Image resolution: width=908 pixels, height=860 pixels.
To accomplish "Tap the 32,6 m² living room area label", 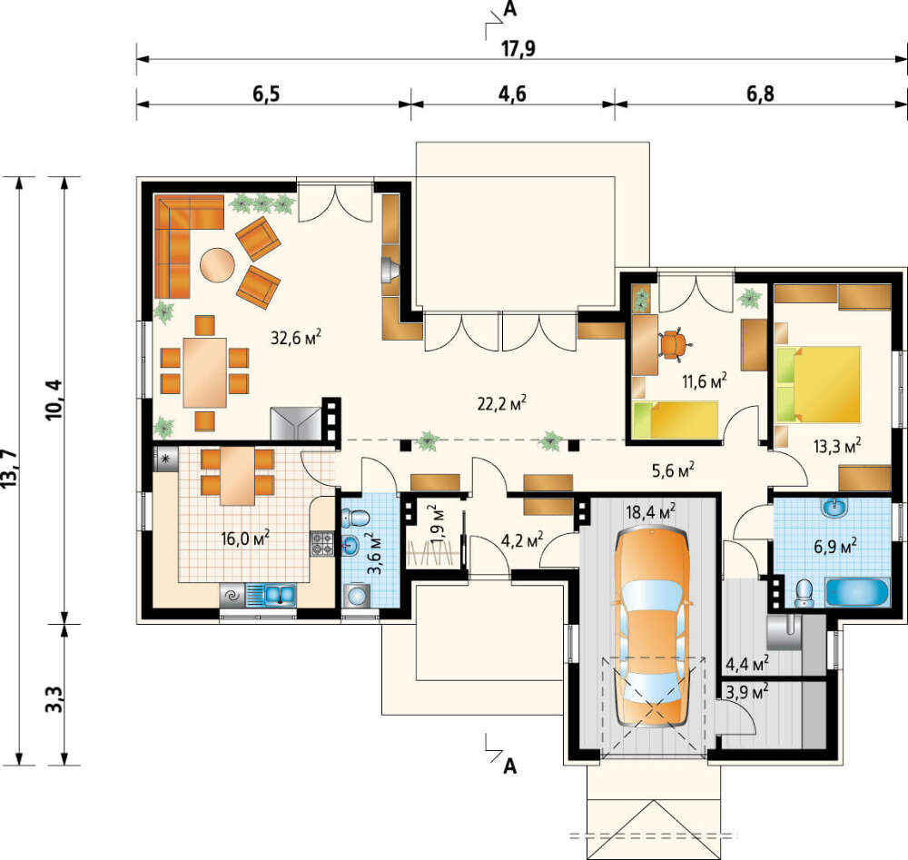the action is click(x=296, y=337).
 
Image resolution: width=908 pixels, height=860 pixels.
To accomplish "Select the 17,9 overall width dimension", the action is click(x=518, y=49).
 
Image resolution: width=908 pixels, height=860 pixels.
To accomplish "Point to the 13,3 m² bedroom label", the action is click(x=837, y=446).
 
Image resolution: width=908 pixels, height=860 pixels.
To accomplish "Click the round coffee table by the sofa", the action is click(x=217, y=265).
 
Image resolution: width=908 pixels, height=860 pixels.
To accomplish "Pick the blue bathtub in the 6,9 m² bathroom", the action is click(x=856, y=592).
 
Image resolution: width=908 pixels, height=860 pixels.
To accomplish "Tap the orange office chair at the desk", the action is click(x=672, y=343).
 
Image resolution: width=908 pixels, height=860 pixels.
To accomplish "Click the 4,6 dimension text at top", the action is click(x=512, y=94).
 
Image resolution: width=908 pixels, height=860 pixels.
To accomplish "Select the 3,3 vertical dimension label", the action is click(x=54, y=699).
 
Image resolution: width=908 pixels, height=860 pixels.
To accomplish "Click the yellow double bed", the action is click(x=818, y=384).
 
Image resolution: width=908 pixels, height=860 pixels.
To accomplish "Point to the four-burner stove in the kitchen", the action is click(x=322, y=543).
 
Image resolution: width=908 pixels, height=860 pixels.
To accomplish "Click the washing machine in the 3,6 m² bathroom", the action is click(x=357, y=596).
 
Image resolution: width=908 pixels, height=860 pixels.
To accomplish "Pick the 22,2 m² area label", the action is click(x=502, y=403).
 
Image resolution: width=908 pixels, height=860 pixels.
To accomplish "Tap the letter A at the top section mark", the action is click(x=509, y=9).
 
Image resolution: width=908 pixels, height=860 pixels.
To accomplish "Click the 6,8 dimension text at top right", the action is click(x=760, y=94).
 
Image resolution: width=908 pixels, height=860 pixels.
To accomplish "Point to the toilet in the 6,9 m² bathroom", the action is click(x=804, y=593).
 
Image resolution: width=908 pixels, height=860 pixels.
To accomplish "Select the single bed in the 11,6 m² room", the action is click(x=676, y=419).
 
